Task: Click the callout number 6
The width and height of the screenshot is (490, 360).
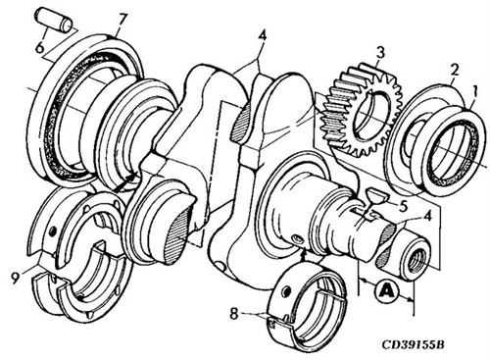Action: pyautogui.click(x=39, y=48)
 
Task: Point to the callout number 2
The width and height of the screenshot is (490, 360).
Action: pyautogui.click(x=455, y=70)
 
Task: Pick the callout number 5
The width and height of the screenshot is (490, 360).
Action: pyautogui.click(x=403, y=206)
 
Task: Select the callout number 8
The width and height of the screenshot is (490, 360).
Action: pyautogui.click(x=234, y=315)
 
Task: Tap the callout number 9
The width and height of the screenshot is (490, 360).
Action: pyautogui.click(x=16, y=279)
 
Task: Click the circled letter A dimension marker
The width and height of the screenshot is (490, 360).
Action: pyautogui.click(x=386, y=290)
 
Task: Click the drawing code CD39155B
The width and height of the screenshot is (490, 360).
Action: pyautogui.click(x=413, y=344)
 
